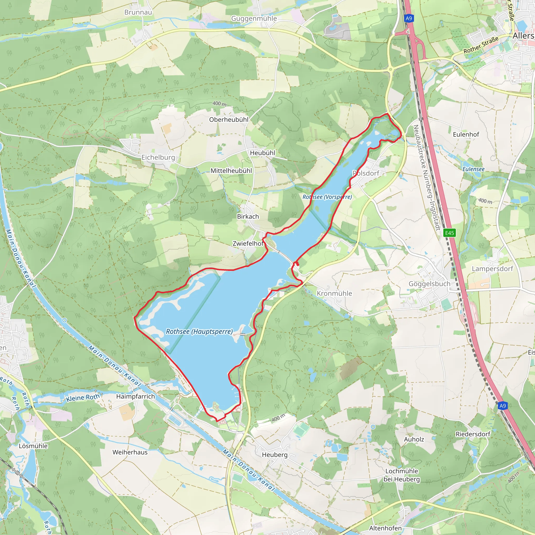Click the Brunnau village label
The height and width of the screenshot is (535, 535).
pos(138,12)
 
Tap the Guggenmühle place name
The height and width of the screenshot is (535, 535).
pos(254,19)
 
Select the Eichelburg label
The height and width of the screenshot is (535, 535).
pos(158,157)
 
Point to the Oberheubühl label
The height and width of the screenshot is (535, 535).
pos(229,120)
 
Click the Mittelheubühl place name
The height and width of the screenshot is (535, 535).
pos(231,171)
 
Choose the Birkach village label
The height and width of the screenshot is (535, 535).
pos(248,217)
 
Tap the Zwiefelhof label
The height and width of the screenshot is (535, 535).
pos(248,243)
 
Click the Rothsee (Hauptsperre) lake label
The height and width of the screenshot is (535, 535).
pos(199,332)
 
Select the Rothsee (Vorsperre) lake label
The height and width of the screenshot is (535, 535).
pos(327,197)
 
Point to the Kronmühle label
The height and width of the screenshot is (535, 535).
pos(334,293)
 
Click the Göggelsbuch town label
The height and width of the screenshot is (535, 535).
pos(429,284)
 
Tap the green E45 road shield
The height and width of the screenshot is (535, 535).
pos(449,233)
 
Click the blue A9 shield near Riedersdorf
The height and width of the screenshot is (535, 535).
pos(502,406)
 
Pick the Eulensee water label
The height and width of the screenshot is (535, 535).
pos(473,169)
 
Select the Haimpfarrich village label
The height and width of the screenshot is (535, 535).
pos(135,396)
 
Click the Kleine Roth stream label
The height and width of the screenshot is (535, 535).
pos(83,398)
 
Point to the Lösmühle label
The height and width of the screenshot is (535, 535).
pos(33,446)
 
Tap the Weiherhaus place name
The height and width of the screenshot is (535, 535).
pos(130,452)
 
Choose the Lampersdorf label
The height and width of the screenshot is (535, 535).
pos(492,269)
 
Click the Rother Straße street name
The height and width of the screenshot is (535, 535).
pos(481,45)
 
